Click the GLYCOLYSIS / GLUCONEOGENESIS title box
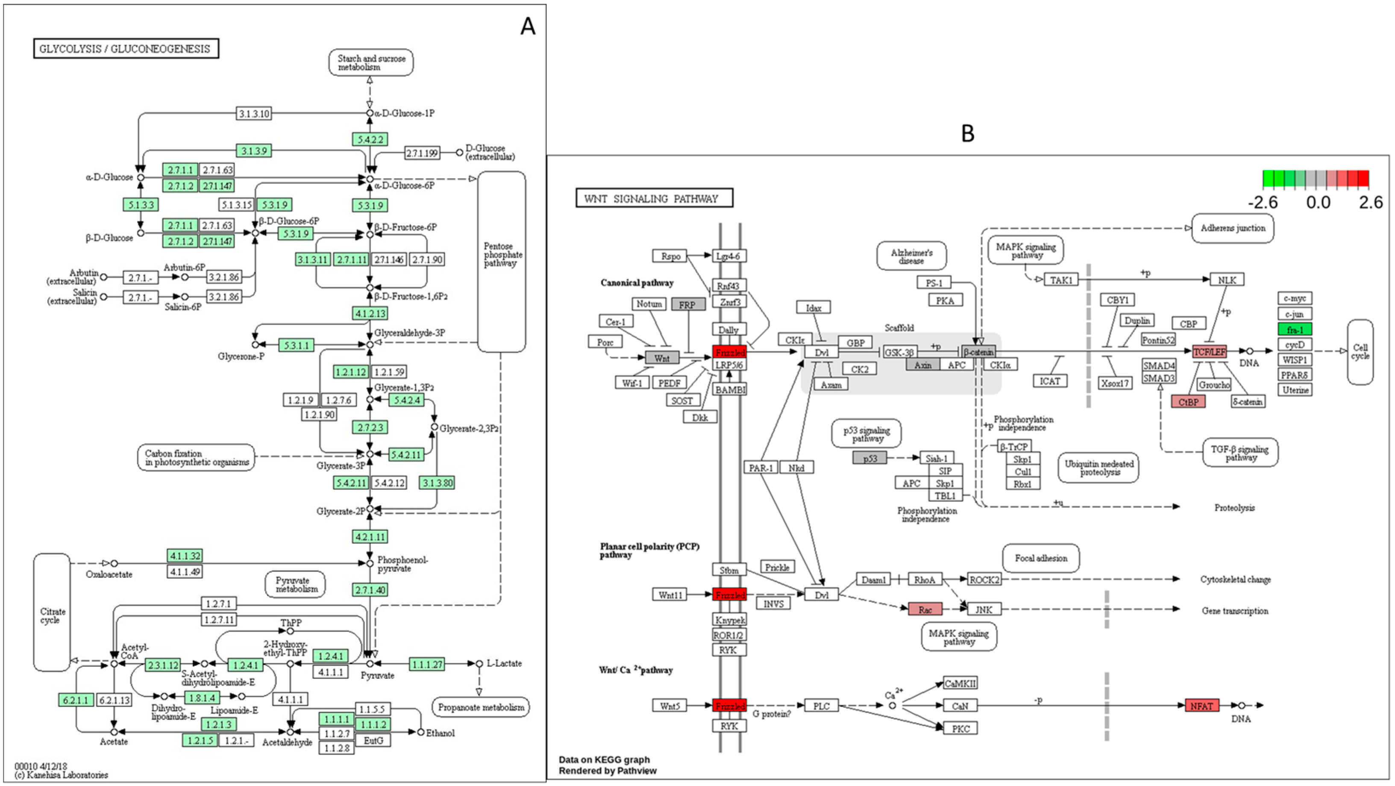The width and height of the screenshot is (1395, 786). click(126, 49)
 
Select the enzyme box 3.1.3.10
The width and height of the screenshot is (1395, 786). click(254, 114)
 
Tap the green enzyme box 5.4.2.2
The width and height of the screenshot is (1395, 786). click(370, 139)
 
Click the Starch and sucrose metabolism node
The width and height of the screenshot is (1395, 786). click(371, 62)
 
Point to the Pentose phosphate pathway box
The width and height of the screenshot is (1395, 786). click(502, 261)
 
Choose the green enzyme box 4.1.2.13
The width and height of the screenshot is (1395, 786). click(370, 313)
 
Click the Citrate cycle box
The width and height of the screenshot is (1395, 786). click(52, 612)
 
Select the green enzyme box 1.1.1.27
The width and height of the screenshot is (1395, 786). click(427, 664)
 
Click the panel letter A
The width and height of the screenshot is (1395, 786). click(528, 26)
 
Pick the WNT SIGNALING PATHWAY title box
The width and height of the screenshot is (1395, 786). click(654, 198)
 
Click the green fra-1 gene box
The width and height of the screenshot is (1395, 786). click(1295, 330)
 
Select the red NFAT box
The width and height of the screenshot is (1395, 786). click(1202, 705)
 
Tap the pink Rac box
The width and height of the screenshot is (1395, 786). click(925, 609)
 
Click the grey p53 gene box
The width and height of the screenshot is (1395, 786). click(870, 458)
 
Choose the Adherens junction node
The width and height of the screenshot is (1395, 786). click(1233, 228)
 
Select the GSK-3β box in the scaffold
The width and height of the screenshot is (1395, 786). click(899, 352)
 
